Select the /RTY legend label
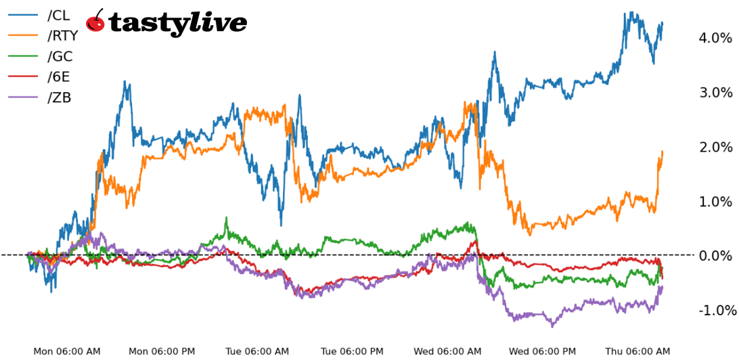pyautogui.click(x=63, y=36)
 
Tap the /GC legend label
pyautogui.click(x=60, y=57)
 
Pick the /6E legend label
pyautogui.click(x=59, y=77)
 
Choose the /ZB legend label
pyautogui.click(x=60, y=97)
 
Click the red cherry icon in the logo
pyautogui.click(x=96, y=22)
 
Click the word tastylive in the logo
pyautogui.click(x=177, y=23)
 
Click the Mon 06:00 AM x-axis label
pyautogui.click(x=67, y=351)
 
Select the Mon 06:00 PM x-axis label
pyautogui.click(x=162, y=351)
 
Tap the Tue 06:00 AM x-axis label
pyautogui.click(x=257, y=351)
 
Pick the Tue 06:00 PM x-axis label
pyautogui.click(x=353, y=351)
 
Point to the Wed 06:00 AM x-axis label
pyautogui.click(x=448, y=351)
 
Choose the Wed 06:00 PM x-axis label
pyautogui.click(x=543, y=351)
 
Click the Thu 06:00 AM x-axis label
pyautogui.click(x=638, y=351)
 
